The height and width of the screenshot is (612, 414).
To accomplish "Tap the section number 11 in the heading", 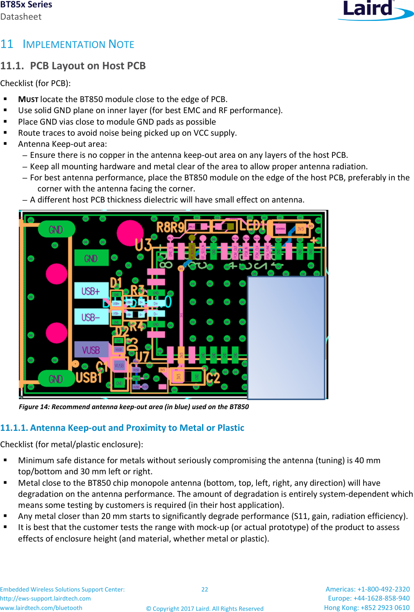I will point(7,44).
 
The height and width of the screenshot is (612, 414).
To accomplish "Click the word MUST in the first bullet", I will point(28,99).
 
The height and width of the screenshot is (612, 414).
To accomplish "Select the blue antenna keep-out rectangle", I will point(286,337).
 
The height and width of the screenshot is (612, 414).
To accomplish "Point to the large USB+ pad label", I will point(91,291).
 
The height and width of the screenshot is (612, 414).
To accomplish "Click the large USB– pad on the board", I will point(91,317).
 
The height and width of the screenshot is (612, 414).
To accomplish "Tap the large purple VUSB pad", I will point(91,350).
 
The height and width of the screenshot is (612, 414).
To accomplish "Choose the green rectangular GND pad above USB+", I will point(91,258).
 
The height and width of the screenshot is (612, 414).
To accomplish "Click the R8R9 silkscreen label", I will point(170,227).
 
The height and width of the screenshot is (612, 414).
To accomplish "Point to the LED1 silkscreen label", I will point(252,225).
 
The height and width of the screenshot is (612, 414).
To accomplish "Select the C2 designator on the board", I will point(213,377).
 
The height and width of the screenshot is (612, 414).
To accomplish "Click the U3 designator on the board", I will point(143,245).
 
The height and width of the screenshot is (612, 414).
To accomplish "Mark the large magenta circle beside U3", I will point(130,232).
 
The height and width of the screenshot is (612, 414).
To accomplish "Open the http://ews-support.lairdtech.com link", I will point(45,598).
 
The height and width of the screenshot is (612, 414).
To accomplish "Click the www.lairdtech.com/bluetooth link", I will point(41,608).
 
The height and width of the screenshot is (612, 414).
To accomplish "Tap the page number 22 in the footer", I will point(205,589).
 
